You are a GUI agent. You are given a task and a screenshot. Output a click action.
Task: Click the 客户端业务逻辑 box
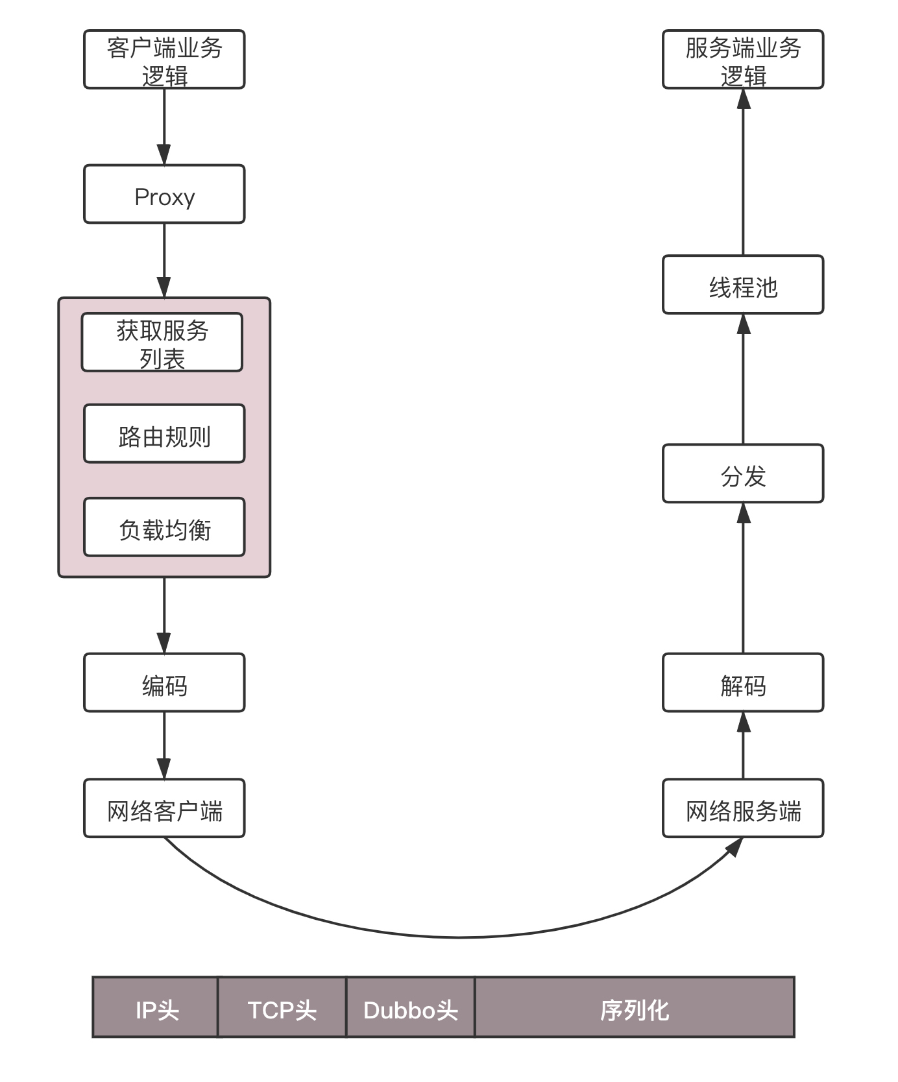164,59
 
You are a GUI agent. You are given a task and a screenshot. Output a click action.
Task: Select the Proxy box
164,195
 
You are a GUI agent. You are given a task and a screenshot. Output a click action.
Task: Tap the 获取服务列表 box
162,343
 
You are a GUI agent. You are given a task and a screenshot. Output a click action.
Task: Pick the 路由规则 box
164,434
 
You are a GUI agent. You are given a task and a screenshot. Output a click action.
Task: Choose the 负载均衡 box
164,527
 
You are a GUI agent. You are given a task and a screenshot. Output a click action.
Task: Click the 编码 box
164,683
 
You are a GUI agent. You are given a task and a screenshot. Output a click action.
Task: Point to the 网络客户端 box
164,808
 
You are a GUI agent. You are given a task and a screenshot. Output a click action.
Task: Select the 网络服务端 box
743,808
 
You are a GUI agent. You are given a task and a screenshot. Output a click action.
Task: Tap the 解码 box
743,683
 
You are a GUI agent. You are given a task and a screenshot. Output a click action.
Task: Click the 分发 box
743,474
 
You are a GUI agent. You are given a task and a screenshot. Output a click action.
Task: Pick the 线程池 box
743,285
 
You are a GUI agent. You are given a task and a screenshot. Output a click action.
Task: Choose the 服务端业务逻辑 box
743,59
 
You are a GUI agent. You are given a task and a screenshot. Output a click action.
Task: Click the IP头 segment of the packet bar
156,1007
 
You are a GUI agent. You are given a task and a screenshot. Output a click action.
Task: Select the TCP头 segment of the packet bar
282,1007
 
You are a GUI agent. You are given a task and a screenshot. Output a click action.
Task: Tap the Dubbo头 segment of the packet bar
410,1007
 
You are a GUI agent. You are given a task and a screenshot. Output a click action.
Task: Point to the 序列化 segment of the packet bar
634,1007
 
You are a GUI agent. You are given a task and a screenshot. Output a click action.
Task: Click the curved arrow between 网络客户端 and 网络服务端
458,937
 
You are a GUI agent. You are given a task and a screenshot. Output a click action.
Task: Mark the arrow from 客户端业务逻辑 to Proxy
164,126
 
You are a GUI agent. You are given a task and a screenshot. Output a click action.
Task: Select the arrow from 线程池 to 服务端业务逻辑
744,172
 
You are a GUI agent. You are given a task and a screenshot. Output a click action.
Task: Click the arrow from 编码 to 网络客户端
164,745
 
